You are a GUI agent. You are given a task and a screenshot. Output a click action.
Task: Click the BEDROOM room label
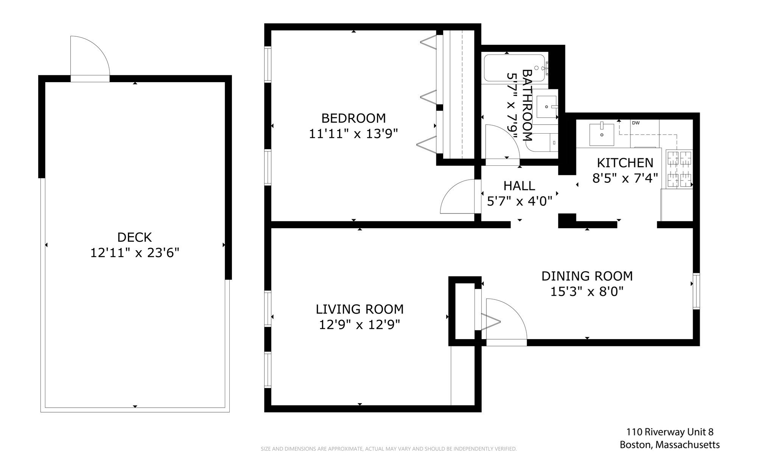click(353, 118)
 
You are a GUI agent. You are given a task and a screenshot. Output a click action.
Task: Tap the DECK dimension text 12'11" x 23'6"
click(134, 252)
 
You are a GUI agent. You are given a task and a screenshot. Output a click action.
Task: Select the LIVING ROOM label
click(359, 309)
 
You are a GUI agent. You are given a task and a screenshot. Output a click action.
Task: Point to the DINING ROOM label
click(587, 276)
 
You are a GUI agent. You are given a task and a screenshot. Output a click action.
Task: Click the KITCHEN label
click(625, 163)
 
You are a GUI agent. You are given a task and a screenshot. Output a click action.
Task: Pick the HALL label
click(519, 186)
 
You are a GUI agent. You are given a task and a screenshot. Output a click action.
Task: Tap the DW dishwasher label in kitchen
click(636, 123)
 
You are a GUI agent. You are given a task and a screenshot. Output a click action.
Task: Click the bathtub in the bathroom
click(515, 68)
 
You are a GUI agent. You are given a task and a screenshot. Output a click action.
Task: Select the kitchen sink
click(602, 134)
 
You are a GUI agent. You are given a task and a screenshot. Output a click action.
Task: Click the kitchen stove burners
click(679, 169)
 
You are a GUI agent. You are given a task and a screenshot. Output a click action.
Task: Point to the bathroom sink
click(546, 107)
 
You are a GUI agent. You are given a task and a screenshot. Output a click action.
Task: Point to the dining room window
click(696, 291)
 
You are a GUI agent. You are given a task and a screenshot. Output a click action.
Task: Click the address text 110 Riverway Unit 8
click(670, 432)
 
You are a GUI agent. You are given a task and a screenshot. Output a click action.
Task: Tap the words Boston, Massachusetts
click(670, 445)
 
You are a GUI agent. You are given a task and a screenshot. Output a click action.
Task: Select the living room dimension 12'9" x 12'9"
click(359, 325)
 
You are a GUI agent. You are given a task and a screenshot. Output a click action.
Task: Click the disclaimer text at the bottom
click(389, 449)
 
